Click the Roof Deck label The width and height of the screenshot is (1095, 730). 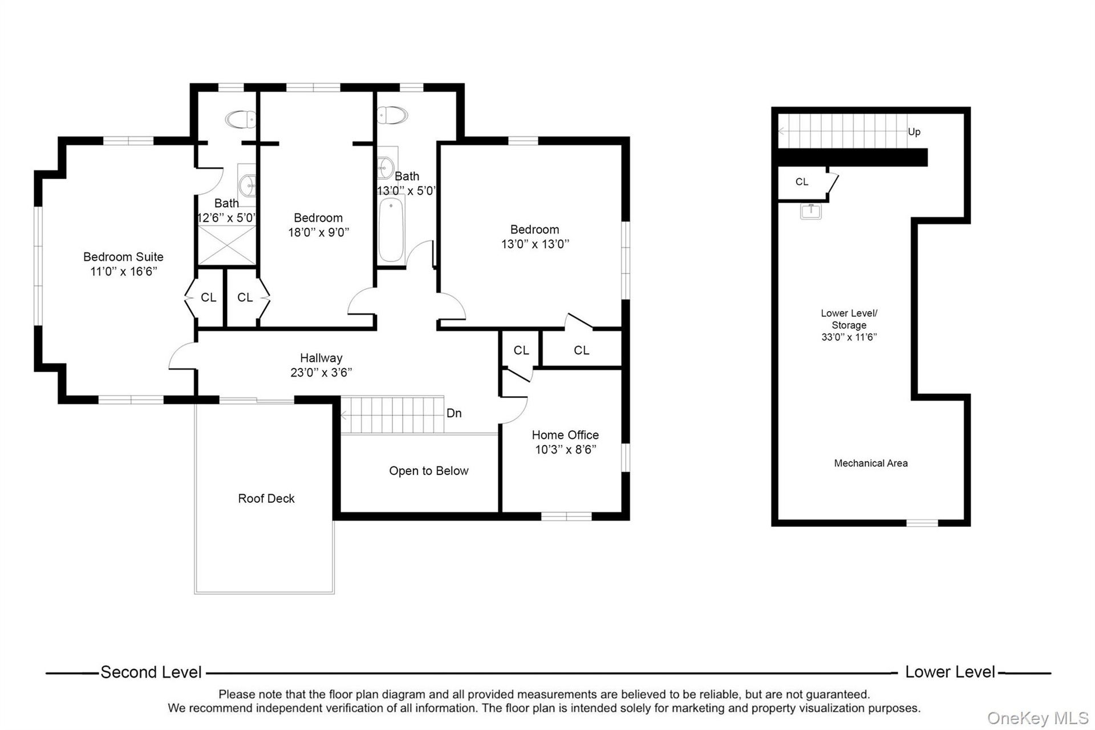coord(266,498)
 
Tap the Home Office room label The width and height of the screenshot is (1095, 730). coord(565,435)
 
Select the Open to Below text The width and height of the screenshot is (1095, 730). coord(429,471)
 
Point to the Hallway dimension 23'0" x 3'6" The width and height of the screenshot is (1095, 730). coord(321,373)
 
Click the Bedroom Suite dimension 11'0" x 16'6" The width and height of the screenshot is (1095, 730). coord(124,272)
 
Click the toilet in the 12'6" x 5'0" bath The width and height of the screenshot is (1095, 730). coord(240,119)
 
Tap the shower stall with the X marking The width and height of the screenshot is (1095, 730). coord(227,245)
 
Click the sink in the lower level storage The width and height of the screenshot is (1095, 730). coord(810,211)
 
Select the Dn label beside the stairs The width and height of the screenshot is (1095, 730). coord(454,413)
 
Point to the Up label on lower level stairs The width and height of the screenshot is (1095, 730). coord(914,132)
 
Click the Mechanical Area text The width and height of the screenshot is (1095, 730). coord(871,463)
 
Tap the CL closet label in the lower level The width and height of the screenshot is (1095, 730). coord(802,182)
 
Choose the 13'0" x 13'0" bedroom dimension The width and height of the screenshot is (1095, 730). coord(535,244)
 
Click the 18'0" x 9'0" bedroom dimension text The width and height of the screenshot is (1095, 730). coord(318,232)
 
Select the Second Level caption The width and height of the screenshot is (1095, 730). coord(151,672)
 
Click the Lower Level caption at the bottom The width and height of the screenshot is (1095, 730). coord(950,672)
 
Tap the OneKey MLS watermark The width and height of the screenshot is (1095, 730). coord(1038,718)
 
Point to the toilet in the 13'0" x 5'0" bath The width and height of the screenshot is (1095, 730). coord(392,115)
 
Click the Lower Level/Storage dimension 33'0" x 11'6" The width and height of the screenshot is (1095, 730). coord(849,337)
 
